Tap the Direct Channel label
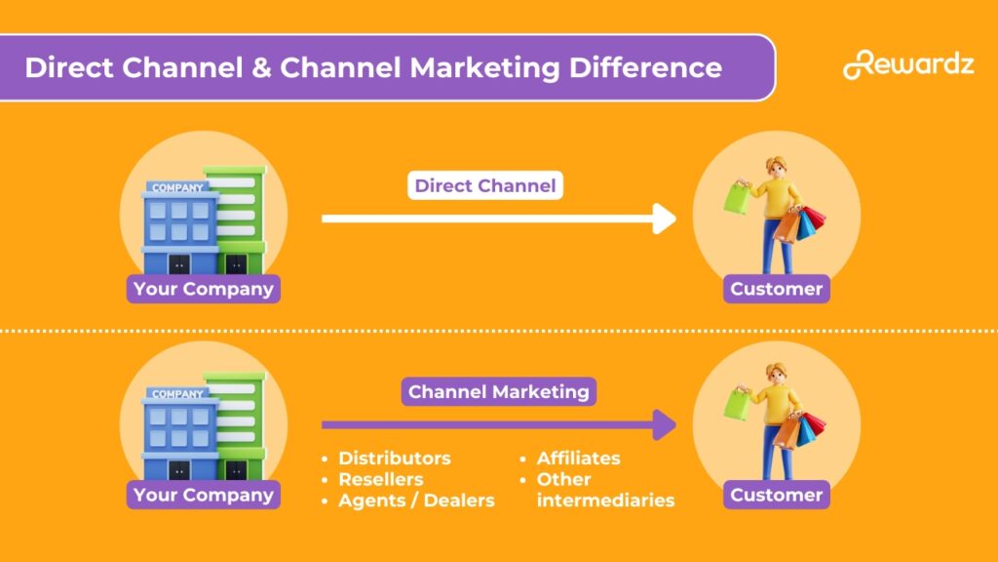pos(484,185)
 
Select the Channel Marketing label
pos(498,391)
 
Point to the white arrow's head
pos(666,219)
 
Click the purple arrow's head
pos(666,424)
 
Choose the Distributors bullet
pos(394,458)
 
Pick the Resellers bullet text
pos(380,479)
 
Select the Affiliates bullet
pos(578,458)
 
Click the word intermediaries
pos(605,501)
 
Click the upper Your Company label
pos(203,289)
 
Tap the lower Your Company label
pos(203,495)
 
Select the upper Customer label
pos(776,289)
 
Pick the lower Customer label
pos(776,495)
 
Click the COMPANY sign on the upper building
pos(177,187)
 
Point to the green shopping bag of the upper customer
pos(737,198)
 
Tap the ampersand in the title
pos(260,67)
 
